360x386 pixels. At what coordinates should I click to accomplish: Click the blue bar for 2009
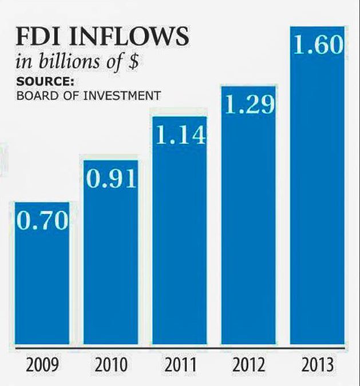[x=42, y=273]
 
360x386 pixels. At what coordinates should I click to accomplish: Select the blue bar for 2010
[x=110, y=252]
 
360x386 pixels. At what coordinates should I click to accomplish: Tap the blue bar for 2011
[x=180, y=230]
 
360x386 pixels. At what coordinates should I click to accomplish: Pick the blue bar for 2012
[x=248, y=215]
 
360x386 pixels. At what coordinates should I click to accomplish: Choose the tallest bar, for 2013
[x=317, y=185]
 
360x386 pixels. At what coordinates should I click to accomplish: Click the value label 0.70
[x=42, y=220]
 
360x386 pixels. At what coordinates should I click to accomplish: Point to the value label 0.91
[x=111, y=178]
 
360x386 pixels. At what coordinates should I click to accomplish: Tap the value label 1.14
[x=181, y=134]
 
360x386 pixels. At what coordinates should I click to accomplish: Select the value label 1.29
[x=250, y=105]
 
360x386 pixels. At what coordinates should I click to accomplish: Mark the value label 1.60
[x=318, y=45]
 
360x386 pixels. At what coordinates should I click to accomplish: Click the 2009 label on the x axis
[x=42, y=365]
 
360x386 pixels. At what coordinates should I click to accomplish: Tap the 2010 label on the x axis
[x=111, y=365]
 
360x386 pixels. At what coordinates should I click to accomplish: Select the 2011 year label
[x=180, y=365]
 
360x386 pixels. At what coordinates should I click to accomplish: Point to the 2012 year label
[x=249, y=365]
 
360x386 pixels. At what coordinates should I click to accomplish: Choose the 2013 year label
[x=318, y=365]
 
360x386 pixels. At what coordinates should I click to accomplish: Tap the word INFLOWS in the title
[x=129, y=36]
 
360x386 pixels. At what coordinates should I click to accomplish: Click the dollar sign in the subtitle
[x=133, y=61]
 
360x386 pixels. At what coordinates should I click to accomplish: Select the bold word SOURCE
[x=45, y=81]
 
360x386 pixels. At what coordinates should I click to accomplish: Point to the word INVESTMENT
[x=122, y=95]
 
